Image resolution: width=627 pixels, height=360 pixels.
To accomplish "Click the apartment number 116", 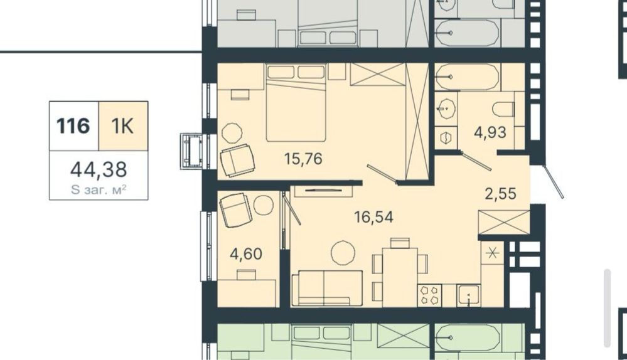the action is [x=73, y=126].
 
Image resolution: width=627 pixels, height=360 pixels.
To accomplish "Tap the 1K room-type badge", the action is [x=123, y=126].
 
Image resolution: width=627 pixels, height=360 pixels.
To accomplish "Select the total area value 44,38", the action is [x=99, y=169].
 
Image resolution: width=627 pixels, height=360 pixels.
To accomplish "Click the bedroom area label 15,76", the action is [x=303, y=159].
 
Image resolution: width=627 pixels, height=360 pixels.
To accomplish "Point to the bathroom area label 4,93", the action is [x=490, y=132].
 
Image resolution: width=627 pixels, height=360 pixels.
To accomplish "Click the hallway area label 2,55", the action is [x=501, y=194].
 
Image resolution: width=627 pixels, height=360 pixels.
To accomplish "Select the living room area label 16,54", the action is [x=373, y=217].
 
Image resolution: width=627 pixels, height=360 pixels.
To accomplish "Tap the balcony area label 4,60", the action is [x=246, y=253].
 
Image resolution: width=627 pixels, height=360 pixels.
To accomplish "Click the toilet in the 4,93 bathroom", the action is [x=503, y=109].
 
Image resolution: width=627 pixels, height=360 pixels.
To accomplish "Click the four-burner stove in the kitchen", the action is [x=429, y=295].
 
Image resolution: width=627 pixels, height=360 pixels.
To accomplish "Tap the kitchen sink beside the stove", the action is [x=468, y=295].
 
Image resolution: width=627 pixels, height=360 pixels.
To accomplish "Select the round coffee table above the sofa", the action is [x=343, y=253].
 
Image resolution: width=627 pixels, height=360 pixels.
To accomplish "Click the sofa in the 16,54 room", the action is [x=327, y=289].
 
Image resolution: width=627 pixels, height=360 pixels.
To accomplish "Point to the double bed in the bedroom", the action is [x=296, y=103].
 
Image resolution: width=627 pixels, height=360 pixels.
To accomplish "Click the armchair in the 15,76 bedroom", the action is [x=237, y=161].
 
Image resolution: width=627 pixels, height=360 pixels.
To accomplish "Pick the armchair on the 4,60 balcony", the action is [x=236, y=209].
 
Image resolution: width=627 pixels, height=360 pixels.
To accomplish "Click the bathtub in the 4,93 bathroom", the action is [x=468, y=77].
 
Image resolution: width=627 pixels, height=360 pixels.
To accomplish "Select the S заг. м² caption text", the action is [x=99, y=190].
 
